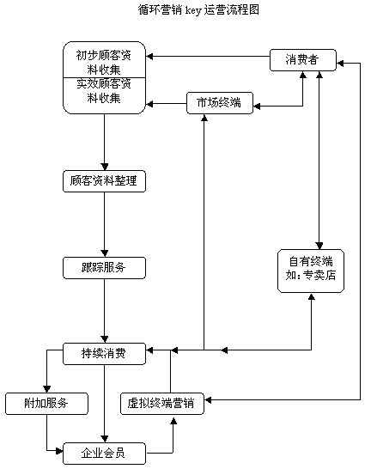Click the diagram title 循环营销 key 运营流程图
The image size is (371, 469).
point(185,10)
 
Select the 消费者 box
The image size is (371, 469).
point(303,60)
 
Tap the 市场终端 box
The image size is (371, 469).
point(219,104)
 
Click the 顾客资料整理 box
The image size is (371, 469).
point(104,181)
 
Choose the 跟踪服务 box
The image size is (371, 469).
point(104,267)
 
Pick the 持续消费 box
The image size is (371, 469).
point(104,353)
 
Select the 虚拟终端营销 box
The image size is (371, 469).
point(161,403)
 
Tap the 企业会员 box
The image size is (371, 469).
point(104,453)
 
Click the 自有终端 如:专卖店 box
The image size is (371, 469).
point(311,271)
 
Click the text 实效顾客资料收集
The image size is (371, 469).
point(104,92)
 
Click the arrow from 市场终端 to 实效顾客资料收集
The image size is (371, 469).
point(167,104)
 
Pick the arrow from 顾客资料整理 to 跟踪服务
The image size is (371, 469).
point(104,223)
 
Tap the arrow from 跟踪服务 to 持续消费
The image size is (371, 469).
point(104,309)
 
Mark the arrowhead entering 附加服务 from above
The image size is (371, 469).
point(46,388)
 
